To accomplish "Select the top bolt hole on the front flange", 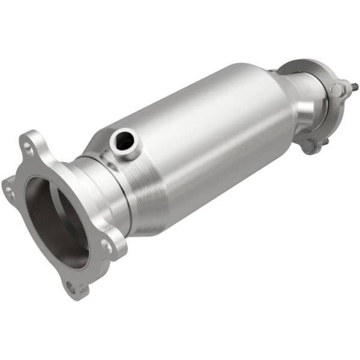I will tap(27, 145).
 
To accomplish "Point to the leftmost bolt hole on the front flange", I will tap(9, 191).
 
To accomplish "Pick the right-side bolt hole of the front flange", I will tap(106, 245).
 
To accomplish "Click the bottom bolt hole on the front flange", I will tap(71, 287).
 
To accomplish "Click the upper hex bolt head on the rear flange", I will tap(338, 90).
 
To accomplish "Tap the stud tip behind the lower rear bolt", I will tap(328, 143).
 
